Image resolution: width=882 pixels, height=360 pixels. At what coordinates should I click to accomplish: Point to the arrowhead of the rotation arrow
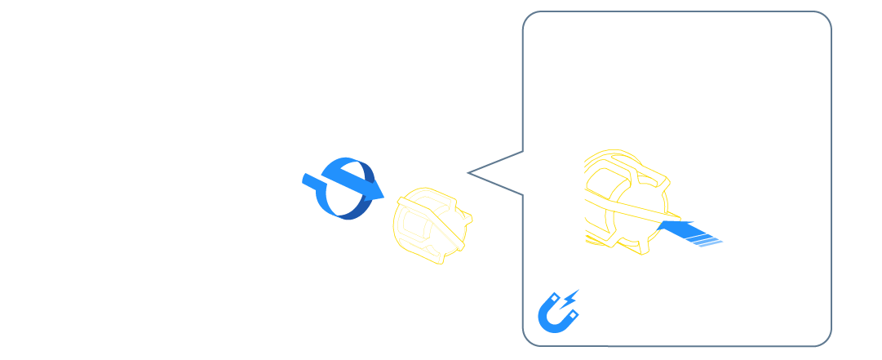373,191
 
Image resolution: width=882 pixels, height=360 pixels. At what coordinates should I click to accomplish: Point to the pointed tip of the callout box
468,172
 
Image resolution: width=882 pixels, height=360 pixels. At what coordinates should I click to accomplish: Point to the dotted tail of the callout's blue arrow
706,238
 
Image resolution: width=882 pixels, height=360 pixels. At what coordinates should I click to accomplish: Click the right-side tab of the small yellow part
467,218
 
